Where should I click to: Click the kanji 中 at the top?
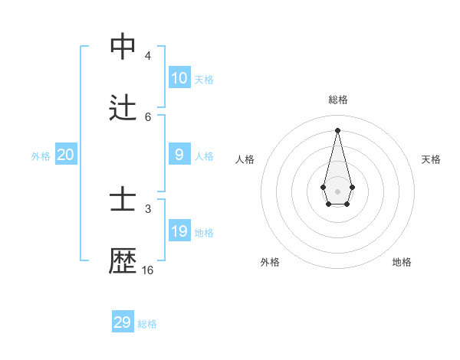click(x=123, y=47)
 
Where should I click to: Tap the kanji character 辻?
click(x=123, y=108)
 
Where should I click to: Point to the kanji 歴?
click(x=123, y=261)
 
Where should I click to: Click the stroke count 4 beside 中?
click(x=148, y=55)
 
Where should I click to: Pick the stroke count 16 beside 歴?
click(x=148, y=270)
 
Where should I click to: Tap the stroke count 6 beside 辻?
click(x=148, y=116)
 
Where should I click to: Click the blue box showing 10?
click(x=179, y=77)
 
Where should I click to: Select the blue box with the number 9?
click(x=179, y=155)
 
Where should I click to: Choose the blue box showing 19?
click(x=179, y=231)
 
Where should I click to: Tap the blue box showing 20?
click(x=66, y=155)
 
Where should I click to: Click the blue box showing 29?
click(x=123, y=322)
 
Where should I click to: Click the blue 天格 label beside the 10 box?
click(x=204, y=80)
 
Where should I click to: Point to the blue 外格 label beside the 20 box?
click(x=41, y=156)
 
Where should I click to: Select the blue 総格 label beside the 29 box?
click(x=147, y=324)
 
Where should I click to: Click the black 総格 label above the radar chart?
click(x=338, y=100)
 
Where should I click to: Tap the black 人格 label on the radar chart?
click(x=245, y=159)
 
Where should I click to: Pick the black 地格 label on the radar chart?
click(x=402, y=262)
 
